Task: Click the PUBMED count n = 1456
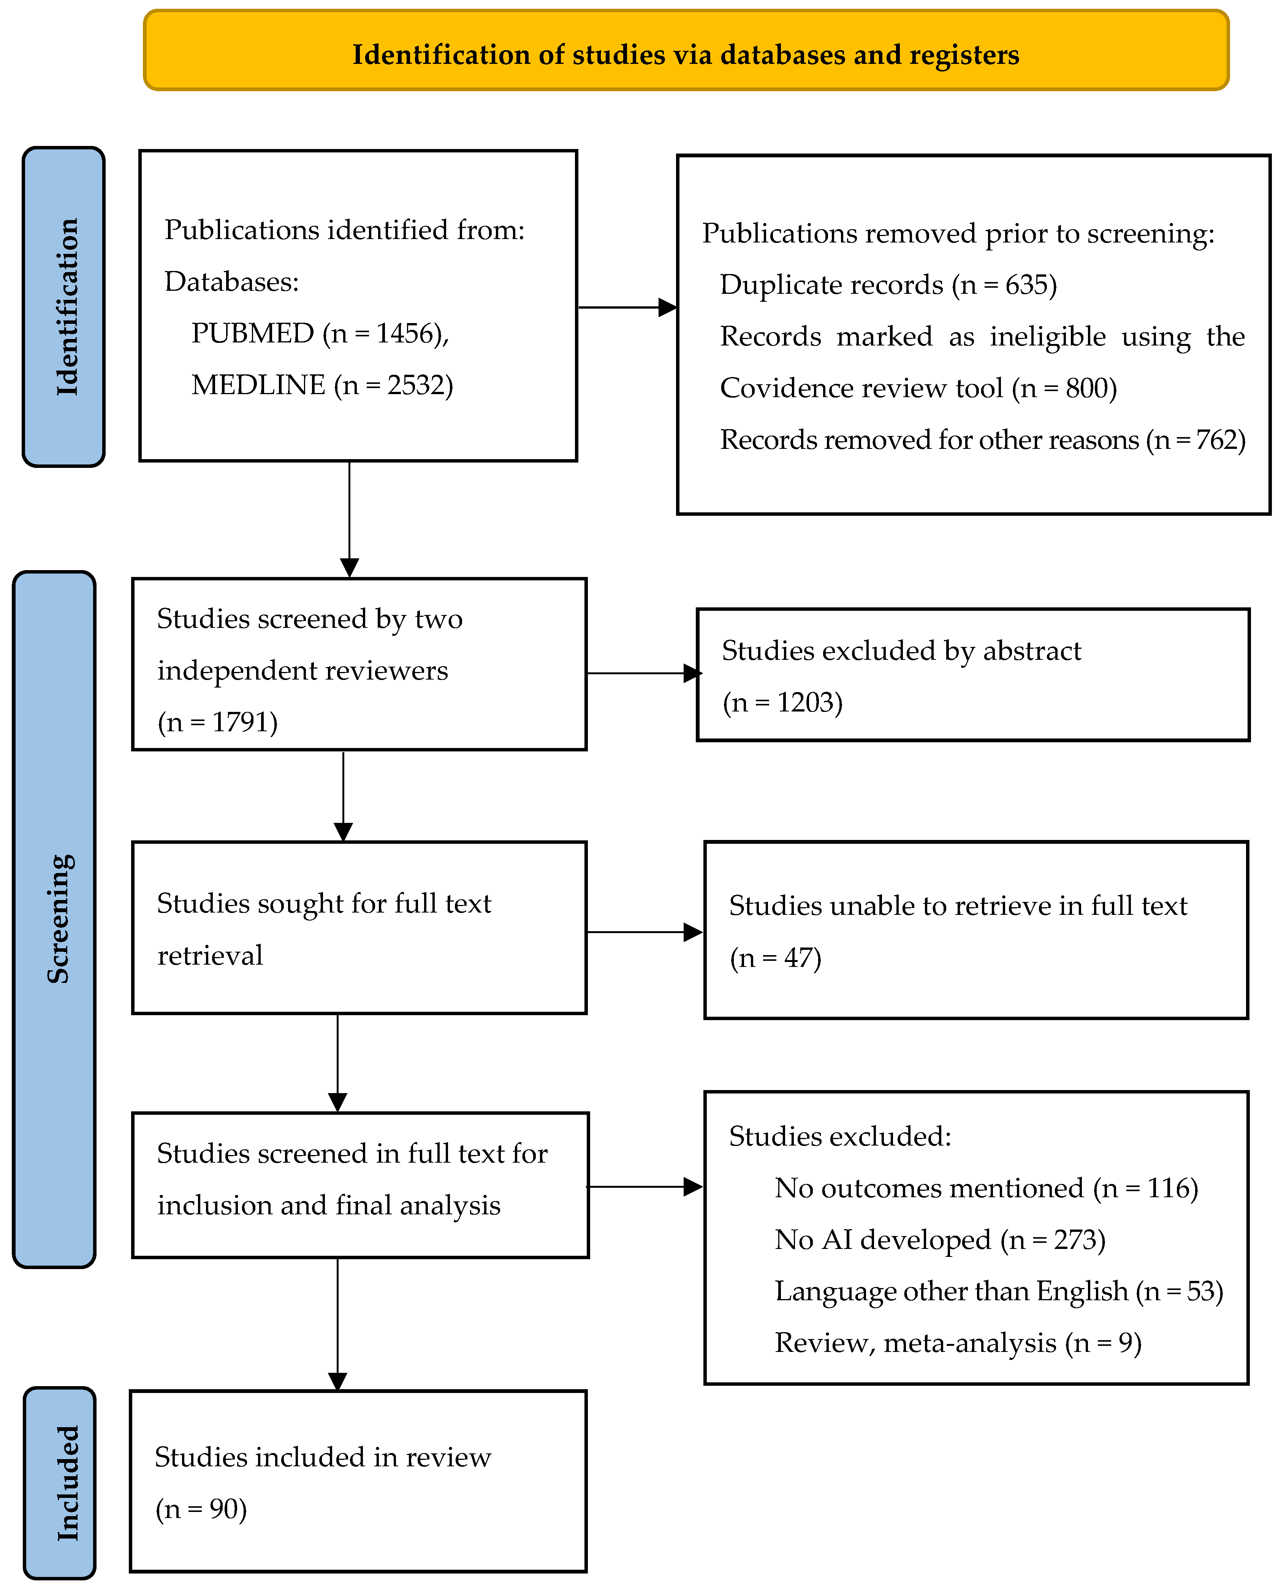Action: tap(385, 334)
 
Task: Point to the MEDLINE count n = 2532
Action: tap(393, 385)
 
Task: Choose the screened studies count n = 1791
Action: tap(218, 722)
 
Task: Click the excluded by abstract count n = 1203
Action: tap(782, 702)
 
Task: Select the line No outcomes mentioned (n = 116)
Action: tap(986, 1188)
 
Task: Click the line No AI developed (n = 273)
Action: tap(939, 1240)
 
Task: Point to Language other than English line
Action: tap(998, 1291)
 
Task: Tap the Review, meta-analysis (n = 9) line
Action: tap(958, 1343)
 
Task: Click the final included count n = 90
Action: tap(201, 1509)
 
